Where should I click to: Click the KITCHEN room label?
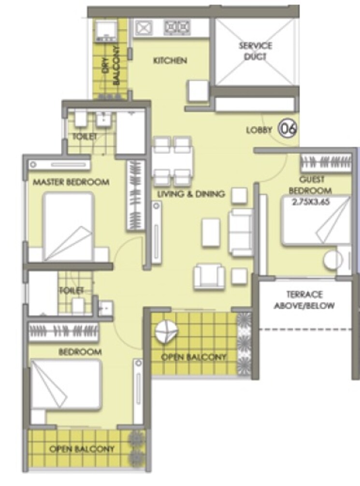tap(170, 61)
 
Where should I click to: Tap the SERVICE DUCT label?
tap(255, 51)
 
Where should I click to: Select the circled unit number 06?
tap(288, 129)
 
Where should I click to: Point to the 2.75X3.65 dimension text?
tap(311, 202)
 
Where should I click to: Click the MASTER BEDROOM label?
tap(71, 182)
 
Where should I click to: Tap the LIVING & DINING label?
tap(192, 194)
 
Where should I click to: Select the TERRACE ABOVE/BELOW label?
tap(304, 300)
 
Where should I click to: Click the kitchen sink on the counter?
tap(144, 28)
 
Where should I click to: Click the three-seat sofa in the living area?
tap(241, 232)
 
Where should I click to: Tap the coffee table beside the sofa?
tap(211, 232)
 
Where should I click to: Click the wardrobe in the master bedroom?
tap(135, 195)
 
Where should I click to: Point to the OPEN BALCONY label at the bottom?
tap(82, 449)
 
